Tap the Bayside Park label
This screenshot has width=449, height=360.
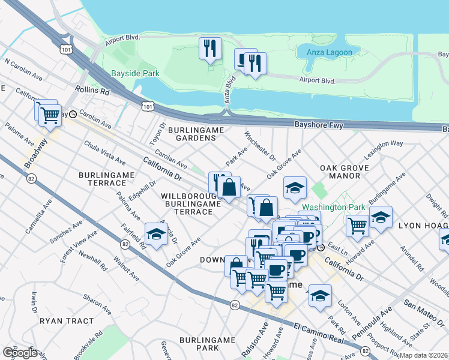(135, 74)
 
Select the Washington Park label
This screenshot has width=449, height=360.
(334, 207)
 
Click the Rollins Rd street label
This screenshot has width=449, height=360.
(93, 91)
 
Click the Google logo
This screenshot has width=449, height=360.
(19, 353)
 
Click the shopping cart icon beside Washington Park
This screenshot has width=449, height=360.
(357, 225)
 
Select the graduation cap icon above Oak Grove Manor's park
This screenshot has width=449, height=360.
(295, 188)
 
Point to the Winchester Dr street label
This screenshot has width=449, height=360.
(260, 147)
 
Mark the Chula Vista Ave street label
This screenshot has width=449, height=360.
(105, 154)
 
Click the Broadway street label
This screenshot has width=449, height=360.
(35, 154)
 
